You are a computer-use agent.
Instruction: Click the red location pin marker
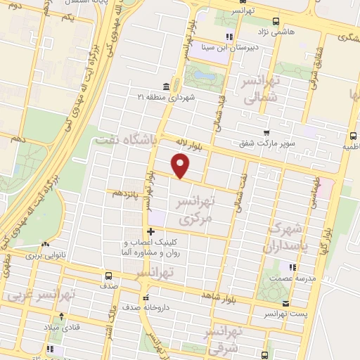(181, 165)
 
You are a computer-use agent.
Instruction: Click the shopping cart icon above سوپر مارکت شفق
(266, 132)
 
